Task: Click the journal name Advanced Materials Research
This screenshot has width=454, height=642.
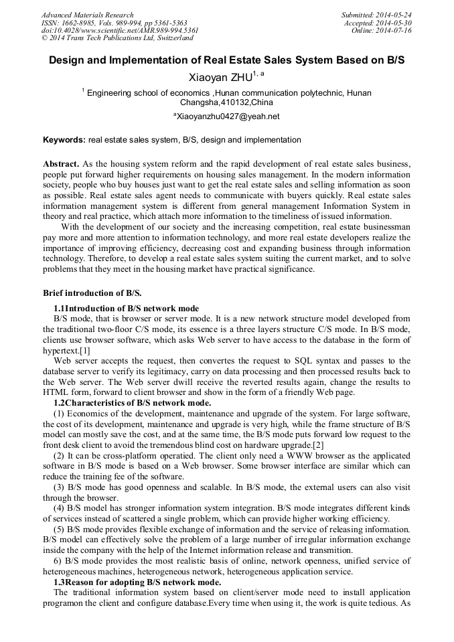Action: pyautogui.click(x=87, y=15)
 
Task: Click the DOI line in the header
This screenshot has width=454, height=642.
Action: pyautogui.click(x=120, y=31)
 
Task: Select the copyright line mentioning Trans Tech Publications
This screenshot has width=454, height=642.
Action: pyautogui.click(x=117, y=39)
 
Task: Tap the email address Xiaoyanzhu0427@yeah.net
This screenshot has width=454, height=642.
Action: pyautogui.click(x=227, y=116)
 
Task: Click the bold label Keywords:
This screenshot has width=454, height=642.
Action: pyautogui.click(x=64, y=141)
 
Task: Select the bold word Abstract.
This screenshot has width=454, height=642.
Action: pyautogui.click(x=61, y=164)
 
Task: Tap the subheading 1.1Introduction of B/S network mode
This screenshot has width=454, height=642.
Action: pyautogui.click(x=126, y=308)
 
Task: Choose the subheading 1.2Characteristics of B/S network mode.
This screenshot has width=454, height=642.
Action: pyautogui.click(x=132, y=403)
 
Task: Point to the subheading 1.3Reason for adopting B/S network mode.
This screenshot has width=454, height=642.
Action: pyautogui.click(x=137, y=582)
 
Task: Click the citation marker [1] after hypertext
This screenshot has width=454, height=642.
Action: pyautogui.click(x=84, y=350)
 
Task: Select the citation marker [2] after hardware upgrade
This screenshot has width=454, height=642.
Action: pyautogui.click(x=318, y=445)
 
